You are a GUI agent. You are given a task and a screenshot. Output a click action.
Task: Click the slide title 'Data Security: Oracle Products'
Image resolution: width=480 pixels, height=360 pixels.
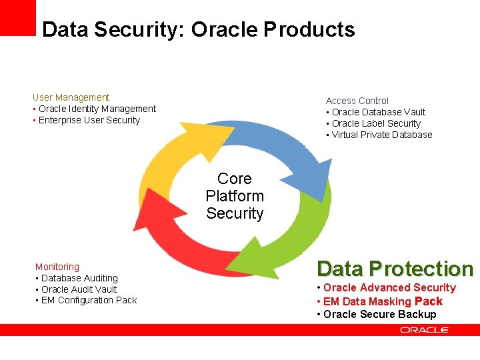click(198, 29)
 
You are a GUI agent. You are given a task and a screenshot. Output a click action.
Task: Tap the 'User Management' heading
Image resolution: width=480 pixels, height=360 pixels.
click(71, 97)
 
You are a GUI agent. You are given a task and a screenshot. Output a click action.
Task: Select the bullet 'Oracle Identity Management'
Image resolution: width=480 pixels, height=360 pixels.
click(97, 109)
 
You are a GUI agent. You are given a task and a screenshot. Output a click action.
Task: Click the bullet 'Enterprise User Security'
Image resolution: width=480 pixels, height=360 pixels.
click(89, 120)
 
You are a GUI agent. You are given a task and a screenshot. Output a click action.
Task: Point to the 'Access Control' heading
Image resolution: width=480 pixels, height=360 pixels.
click(357, 101)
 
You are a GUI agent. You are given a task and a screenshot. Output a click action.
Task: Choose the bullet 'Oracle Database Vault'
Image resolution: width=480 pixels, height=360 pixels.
click(378, 112)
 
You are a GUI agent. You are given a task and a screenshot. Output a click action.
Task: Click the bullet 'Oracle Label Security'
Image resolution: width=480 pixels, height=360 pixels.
click(376, 123)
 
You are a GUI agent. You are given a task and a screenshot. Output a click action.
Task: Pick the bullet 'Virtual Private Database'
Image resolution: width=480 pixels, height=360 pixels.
click(381, 135)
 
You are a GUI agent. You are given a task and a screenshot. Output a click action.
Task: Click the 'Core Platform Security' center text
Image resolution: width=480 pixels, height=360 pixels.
click(235, 196)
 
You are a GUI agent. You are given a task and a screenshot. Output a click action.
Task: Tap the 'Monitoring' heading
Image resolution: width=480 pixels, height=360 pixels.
click(57, 267)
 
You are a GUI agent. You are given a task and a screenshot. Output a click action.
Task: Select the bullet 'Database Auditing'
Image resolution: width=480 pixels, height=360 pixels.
click(79, 278)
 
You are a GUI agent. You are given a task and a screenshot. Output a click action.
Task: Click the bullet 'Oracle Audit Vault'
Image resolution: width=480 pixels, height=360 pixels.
click(79, 289)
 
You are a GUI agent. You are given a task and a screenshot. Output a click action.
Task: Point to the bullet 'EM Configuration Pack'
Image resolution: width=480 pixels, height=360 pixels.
click(89, 300)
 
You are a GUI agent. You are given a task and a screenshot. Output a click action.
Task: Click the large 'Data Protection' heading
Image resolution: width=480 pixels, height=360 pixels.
click(395, 269)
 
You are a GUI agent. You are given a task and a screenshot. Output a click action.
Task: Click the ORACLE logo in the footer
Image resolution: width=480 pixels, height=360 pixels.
click(425, 329)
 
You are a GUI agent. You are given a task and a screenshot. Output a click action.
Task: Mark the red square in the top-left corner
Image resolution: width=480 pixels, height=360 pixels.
click(17, 17)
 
